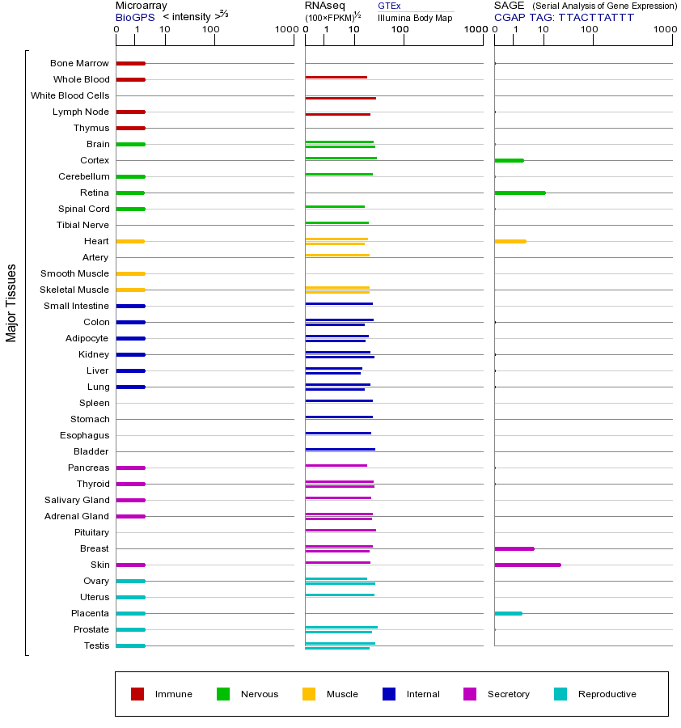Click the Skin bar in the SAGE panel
coord(527,565)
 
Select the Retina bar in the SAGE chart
coord(520,193)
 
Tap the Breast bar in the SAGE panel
coord(514,548)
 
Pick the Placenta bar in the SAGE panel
coord(508,613)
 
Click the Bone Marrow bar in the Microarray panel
coord(130,63)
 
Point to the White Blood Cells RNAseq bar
coord(340,98)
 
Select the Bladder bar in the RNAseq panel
coord(340,449)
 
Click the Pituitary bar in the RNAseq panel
coord(340,530)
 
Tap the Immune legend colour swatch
coord(137,694)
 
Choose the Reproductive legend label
coord(607,694)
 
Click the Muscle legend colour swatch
coord(309,694)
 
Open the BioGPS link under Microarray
coord(134,17)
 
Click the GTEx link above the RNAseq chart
coord(389,6)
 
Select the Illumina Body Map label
coord(415,17)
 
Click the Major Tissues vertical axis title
coord(11,303)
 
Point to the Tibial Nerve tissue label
coord(82,225)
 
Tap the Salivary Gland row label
coord(78,500)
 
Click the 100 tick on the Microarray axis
coord(211,30)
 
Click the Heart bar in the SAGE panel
coord(510,241)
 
